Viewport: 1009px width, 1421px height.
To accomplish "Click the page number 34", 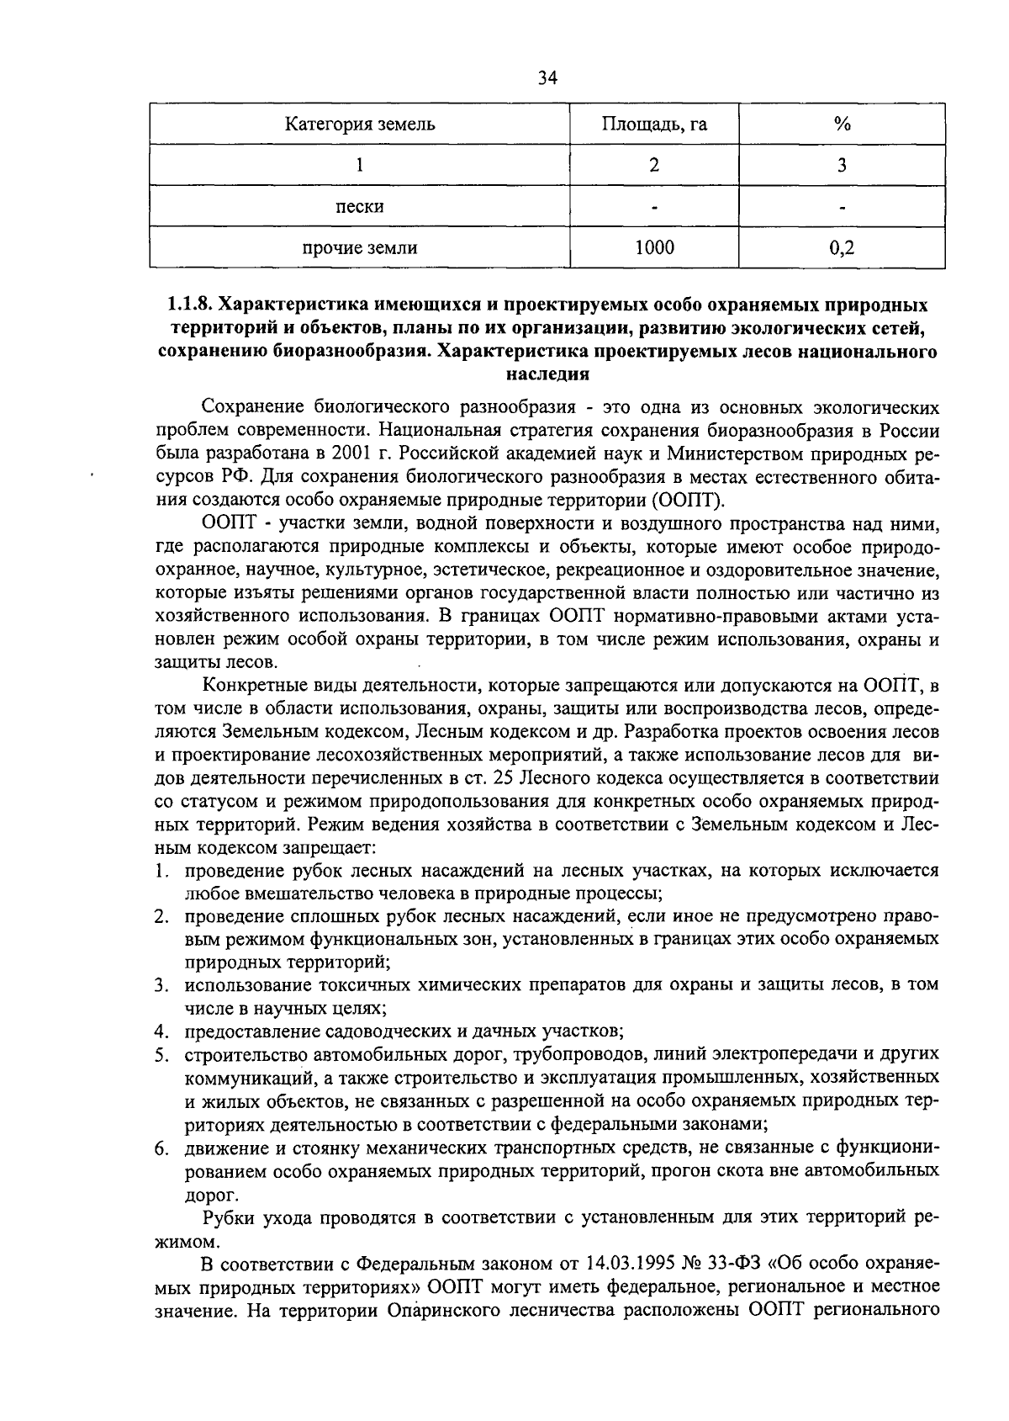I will coord(547,78).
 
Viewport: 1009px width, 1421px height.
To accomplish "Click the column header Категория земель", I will coord(359,125).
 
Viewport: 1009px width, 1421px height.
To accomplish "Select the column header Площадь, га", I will coord(654,125).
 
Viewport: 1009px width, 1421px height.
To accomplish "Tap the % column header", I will coord(842,125).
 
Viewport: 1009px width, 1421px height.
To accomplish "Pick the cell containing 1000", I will coord(654,247).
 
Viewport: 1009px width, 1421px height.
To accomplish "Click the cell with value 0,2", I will coord(842,247).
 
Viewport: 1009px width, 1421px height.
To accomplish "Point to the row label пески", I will coord(359,206).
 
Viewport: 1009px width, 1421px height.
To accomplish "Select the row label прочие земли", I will coord(359,247).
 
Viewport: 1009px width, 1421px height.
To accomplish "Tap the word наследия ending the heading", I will coord(548,373).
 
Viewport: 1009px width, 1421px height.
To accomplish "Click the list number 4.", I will coord(160,1031).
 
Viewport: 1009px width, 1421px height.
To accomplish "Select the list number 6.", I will coord(160,1148).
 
